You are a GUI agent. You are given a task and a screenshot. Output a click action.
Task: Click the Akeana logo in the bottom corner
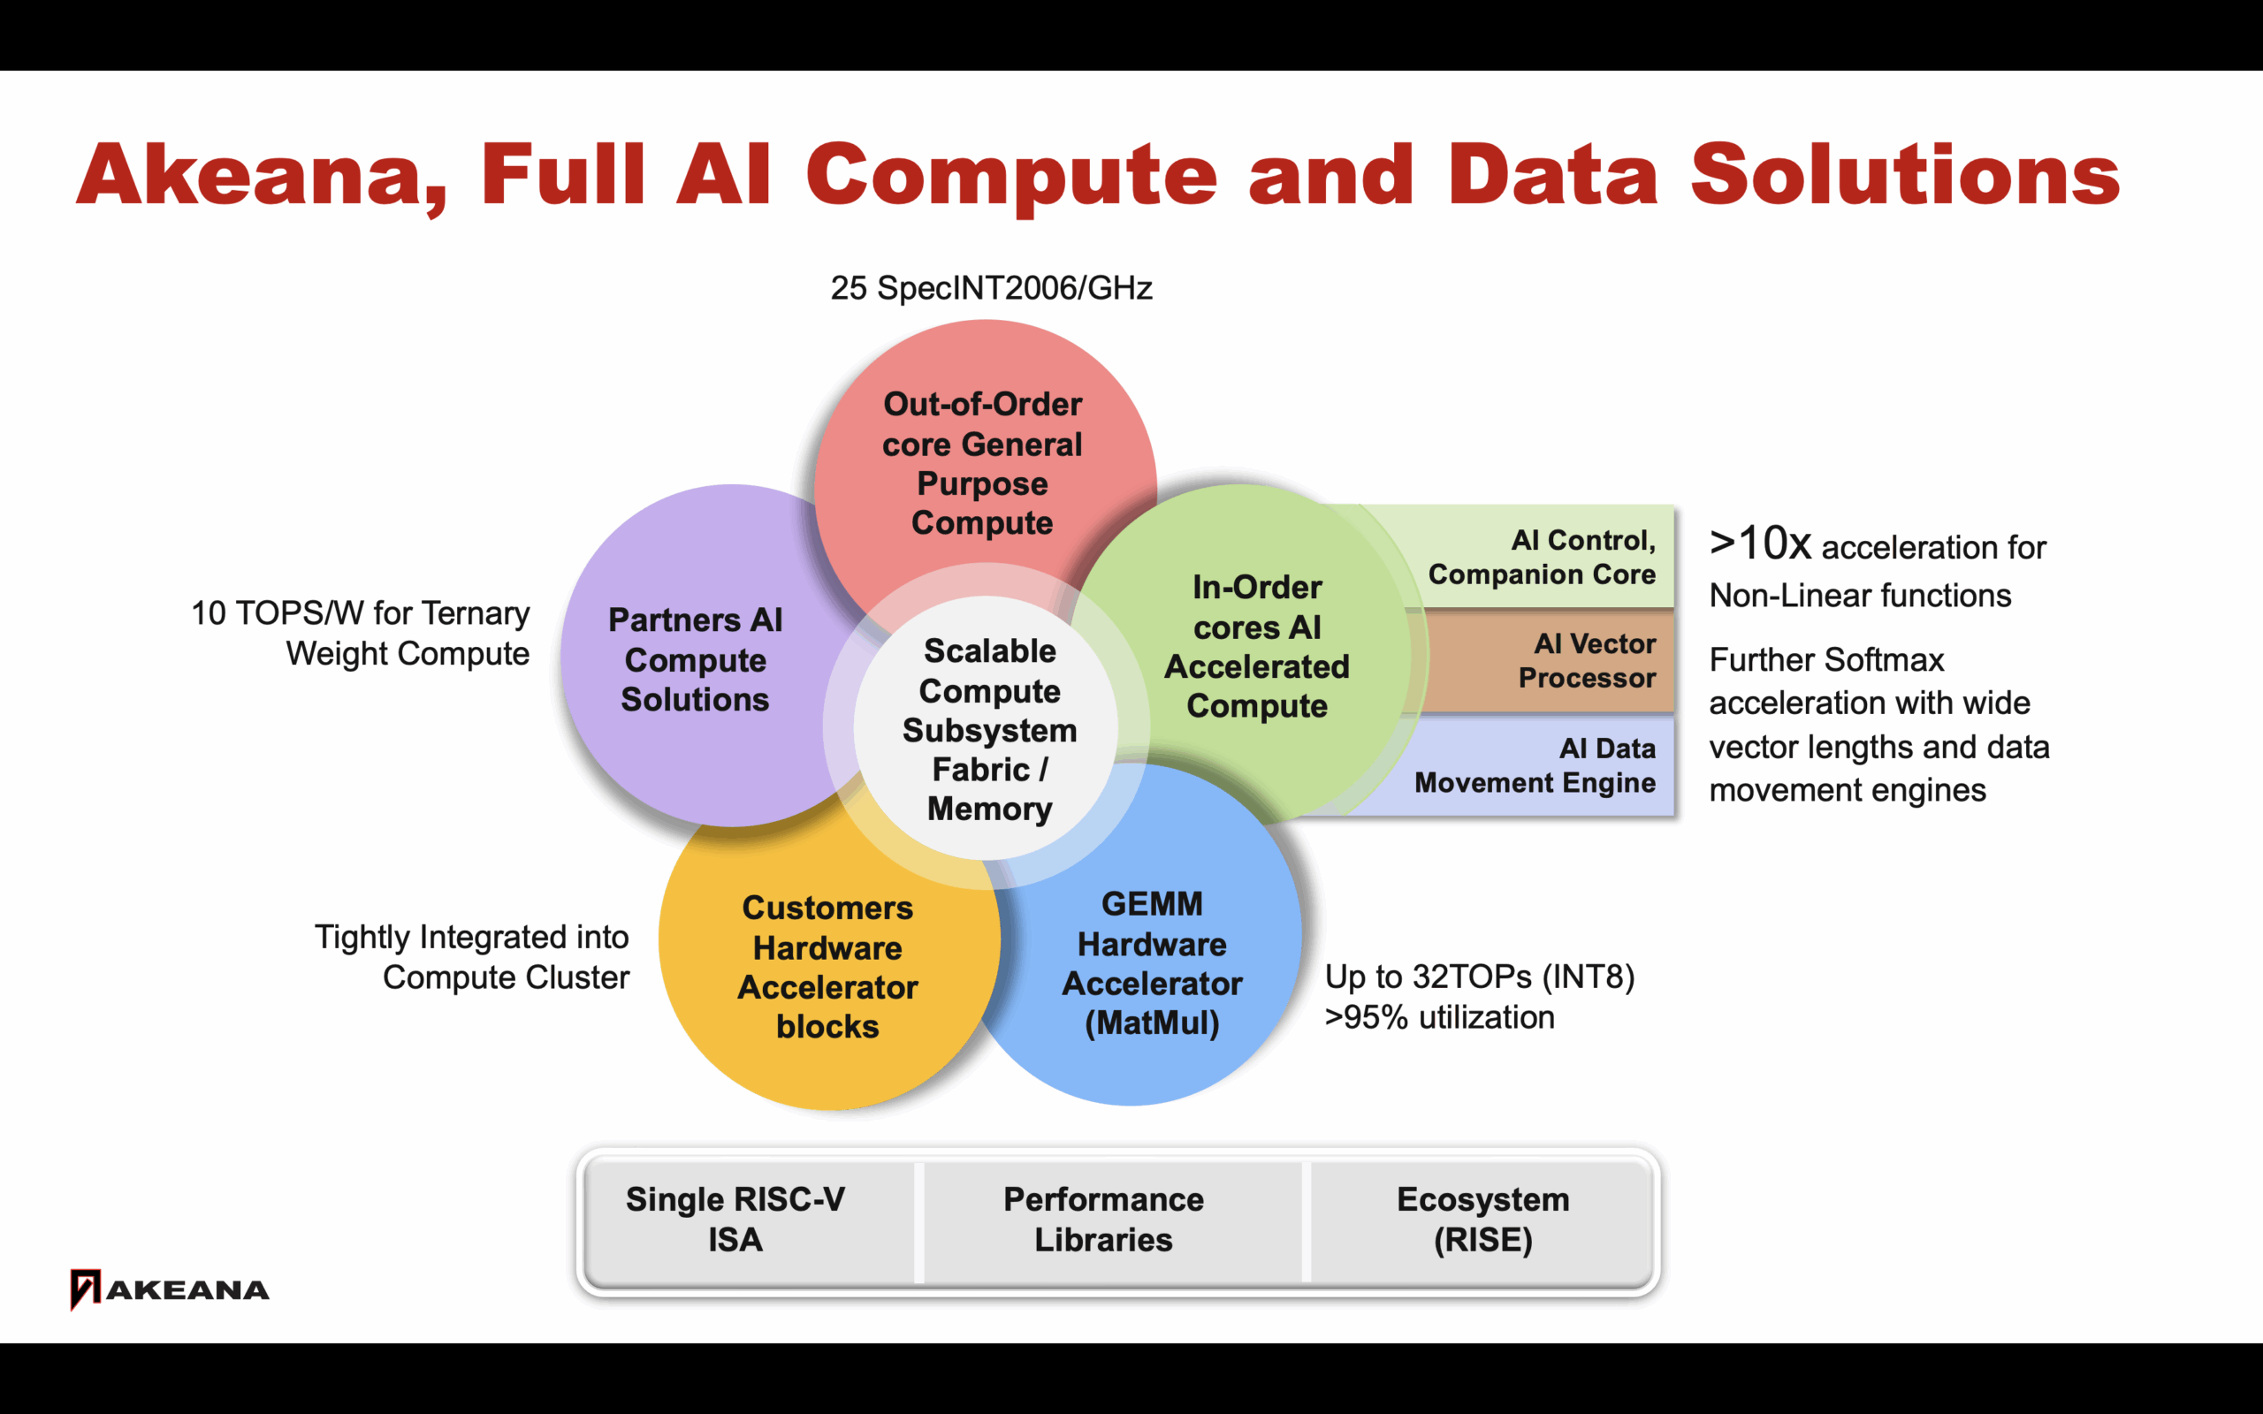tap(169, 1289)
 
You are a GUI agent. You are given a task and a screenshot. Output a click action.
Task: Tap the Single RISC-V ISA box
tap(735, 1220)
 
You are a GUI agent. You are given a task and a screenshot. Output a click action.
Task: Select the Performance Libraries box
tap(1103, 1220)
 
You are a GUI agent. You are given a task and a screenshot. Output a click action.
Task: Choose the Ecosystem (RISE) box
tap(1483, 1220)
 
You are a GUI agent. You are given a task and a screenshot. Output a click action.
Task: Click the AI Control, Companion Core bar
tap(1541, 558)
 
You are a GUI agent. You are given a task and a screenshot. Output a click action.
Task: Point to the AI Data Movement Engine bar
tap(1535, 765)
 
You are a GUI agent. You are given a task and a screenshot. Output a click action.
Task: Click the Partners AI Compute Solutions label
tap(695, 659)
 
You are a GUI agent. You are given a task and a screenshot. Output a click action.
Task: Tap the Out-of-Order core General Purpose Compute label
tap(982, 463)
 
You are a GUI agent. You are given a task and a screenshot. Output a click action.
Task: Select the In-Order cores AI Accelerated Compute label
tap(1257, 646)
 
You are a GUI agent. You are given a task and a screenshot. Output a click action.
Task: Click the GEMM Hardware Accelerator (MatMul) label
tap(1152, 963)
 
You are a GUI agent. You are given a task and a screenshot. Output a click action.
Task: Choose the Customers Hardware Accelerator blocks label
tap(827, 967)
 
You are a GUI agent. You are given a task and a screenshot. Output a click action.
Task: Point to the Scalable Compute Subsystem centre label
tap(989, 729)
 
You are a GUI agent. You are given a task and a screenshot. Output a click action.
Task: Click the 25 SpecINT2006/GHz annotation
tap(991, 288)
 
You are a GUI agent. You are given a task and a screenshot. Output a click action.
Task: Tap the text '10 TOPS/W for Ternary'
tap(360, 613)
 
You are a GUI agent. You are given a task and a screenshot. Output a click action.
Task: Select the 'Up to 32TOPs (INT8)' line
tap(1480, 977)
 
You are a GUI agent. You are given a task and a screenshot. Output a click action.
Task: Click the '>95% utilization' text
tap(1439, 1017)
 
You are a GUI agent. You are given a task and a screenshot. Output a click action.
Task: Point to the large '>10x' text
tap(1760, 544)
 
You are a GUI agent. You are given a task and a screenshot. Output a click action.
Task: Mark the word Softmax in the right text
tap(1885, 660)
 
